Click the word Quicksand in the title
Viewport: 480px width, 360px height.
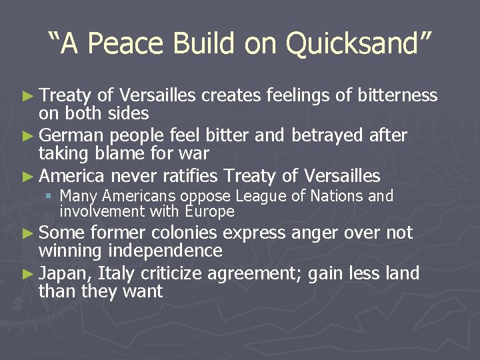(x=359, y=43)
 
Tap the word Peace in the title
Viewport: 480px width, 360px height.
(x=124, y=43)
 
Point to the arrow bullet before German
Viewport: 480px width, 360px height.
(x=31, y=136)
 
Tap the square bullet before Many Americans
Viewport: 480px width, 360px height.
(x=50, y=197)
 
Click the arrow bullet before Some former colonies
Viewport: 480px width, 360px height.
(x=31, y=233)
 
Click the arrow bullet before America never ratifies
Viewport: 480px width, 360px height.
(x=31, y=177)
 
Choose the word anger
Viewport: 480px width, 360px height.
(x=315, y=233)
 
